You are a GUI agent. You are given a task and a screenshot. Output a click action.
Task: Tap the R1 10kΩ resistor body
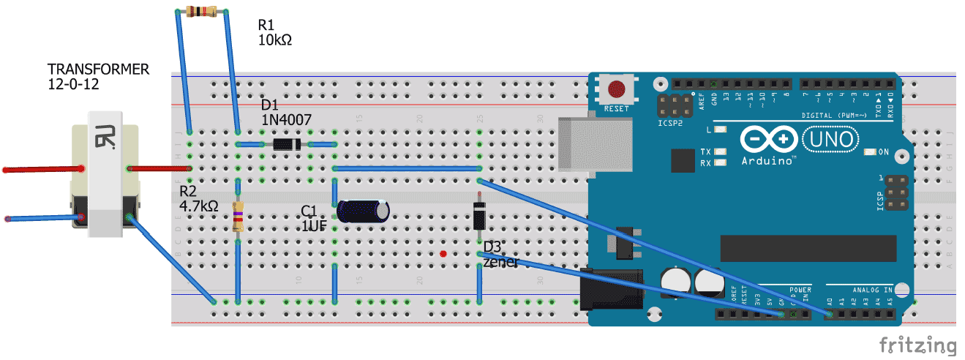[202, 11]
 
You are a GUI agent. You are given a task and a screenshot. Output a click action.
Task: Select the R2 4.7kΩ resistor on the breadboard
[238, 217]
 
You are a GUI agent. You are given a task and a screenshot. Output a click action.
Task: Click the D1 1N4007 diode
[286, 144]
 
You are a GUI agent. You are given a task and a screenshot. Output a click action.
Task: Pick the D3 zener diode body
[479, 217]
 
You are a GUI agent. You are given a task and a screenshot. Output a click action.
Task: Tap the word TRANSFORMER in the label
[98, 70]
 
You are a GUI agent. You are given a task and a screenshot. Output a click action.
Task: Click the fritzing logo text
[917, 345]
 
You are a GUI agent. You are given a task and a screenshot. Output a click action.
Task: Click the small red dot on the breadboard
[443, 254]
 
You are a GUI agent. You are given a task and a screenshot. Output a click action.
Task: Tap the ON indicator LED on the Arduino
[870, 152]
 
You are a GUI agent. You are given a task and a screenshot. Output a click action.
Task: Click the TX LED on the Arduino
[721, 152]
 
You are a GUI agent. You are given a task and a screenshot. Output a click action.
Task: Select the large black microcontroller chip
[808, 249]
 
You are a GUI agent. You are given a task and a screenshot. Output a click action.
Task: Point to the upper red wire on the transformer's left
[41, 170]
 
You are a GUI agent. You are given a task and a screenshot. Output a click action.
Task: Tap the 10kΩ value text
[274, 40]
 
